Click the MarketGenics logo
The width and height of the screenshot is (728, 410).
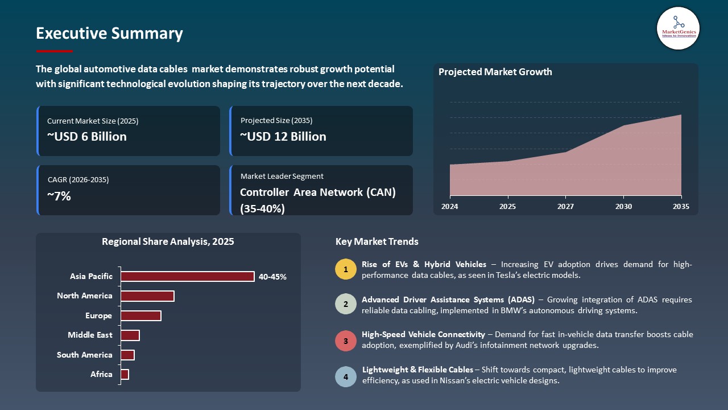click(x=678, y=28)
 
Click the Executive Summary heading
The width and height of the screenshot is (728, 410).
click(x=109, y=34)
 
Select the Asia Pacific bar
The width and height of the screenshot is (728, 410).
click(x=187, y=276)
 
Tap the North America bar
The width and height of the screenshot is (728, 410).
click(x=147, y=296)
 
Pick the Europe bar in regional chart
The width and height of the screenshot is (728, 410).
click(x=141, y=315)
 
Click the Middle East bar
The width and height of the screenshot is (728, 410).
click(x=130, y=335)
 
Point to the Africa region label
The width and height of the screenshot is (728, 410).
click(x=101, y=374)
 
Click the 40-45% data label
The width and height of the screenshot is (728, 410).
click(x=272, y=277)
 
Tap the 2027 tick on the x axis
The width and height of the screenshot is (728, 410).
click(x=565, y=207)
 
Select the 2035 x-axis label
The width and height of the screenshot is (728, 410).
click(x=680, y=207)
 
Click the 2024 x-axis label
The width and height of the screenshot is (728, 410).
click(x=450, y=207)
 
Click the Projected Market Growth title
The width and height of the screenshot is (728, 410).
click(x=495, y=72)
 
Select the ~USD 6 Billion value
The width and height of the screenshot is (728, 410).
click(x=87, y=137)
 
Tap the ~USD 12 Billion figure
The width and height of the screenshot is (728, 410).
click(x=283, y=137)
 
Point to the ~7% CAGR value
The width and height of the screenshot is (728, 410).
click(x=59, y=196)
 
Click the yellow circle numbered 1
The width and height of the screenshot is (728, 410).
click(x=346, y=269)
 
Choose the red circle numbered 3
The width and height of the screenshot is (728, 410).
click(x=346, y=341)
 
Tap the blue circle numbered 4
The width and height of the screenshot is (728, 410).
click(x=346, y=376)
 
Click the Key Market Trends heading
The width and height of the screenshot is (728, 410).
click(x=377, y=241)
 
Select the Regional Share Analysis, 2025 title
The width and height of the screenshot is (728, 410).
click(x=168, y=241)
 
